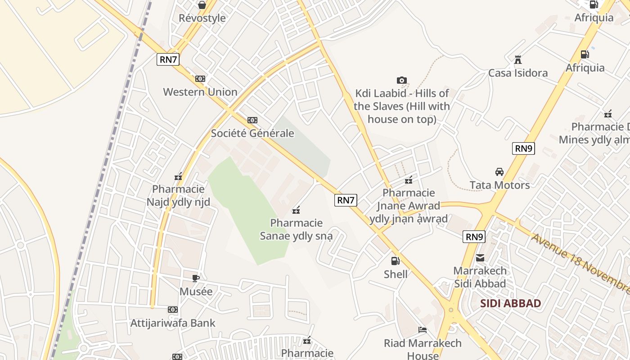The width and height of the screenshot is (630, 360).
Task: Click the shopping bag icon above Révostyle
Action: (x=202, y=5)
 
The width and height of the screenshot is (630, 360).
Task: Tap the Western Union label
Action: (x=200, y=92)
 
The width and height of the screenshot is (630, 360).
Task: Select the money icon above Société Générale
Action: (x=252, y=120)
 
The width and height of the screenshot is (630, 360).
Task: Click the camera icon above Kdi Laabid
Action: (x=402, y=81)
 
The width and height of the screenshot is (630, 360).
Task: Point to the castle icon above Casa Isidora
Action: (x=518, y=60)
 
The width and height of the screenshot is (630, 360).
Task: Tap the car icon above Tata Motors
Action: (x=499, y=172)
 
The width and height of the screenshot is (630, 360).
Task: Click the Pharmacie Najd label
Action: (x=178, y=195)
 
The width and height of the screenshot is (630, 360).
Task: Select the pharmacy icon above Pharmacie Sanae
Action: (x=296, y=210)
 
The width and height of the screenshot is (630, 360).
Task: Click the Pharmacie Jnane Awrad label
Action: (x=409, y=206)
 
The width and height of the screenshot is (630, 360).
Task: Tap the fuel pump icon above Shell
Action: (x=395, y=261)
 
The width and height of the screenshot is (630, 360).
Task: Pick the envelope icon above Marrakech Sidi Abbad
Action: (x=480, y=258)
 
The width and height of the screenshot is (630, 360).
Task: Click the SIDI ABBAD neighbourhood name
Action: (x=510, y=303)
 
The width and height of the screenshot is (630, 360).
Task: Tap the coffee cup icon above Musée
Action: (x=195, y=278)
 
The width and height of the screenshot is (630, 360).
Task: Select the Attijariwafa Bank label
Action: (x=173, y=323)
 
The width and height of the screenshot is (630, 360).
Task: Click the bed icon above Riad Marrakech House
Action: (x=423, y=330)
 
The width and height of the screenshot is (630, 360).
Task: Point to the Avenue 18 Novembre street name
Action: (x=581, y=263)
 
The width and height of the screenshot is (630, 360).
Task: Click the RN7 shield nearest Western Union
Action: (x=168, y=59)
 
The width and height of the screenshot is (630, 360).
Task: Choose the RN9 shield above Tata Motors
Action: (x=523, y=148)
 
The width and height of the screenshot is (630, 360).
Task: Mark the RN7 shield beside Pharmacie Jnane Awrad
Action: (x=346, y=200)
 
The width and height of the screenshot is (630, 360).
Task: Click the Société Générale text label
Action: (x=252, y=133)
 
